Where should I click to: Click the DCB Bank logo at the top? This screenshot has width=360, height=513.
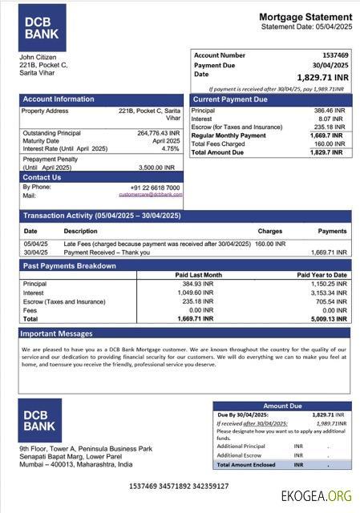pos(42,28)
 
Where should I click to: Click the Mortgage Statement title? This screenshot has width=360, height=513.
pos(305,17)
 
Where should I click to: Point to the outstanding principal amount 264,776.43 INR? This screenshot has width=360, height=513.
pos(159,133)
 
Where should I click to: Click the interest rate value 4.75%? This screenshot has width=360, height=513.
pos(170,149)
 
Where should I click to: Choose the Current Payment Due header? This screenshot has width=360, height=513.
pos(230,99)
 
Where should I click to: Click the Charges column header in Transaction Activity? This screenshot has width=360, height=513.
pos(269,231)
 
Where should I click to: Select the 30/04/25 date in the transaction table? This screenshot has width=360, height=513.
pos(35,252)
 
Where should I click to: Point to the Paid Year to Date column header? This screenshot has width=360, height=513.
pos(322,275)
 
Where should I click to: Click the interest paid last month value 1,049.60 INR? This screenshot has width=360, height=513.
pos(196,293)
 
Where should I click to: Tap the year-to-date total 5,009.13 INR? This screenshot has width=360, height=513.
pos(329,318)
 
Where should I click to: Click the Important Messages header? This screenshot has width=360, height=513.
pos(56,333)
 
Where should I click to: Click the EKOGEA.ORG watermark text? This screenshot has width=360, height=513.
pos(316,495)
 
